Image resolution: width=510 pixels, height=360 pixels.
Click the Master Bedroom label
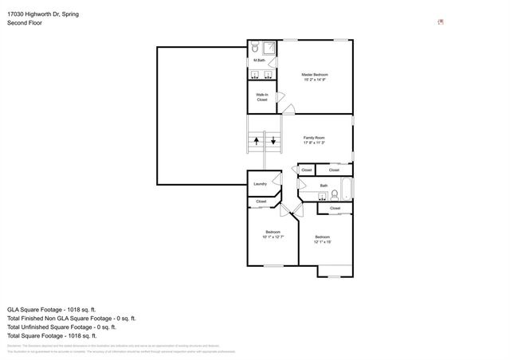click(315, 75)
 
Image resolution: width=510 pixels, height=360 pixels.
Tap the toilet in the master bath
click(254, 47)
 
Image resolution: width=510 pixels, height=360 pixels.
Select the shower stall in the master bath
click(270, 47)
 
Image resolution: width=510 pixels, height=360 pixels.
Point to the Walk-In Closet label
click(261, 97)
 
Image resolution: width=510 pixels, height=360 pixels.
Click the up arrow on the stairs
click(257, 142)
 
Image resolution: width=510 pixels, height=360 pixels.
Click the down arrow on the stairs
click(273, 142)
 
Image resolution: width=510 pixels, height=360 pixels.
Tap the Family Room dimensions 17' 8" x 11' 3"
click(314, 143)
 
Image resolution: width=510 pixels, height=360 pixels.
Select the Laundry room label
click(260, 184)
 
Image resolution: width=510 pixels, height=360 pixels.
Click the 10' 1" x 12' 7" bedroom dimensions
click(273, 237)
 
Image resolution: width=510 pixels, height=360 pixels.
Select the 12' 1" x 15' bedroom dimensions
click(322, 241)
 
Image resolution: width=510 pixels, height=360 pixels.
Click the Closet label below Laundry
click(261, 202)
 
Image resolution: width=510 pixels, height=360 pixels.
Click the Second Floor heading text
click(25, 23)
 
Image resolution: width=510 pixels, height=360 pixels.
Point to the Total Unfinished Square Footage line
click(61, 327)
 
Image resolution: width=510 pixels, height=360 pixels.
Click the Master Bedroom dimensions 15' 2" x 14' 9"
click(315, 80)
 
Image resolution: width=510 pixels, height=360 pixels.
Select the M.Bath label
click(259, 61)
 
